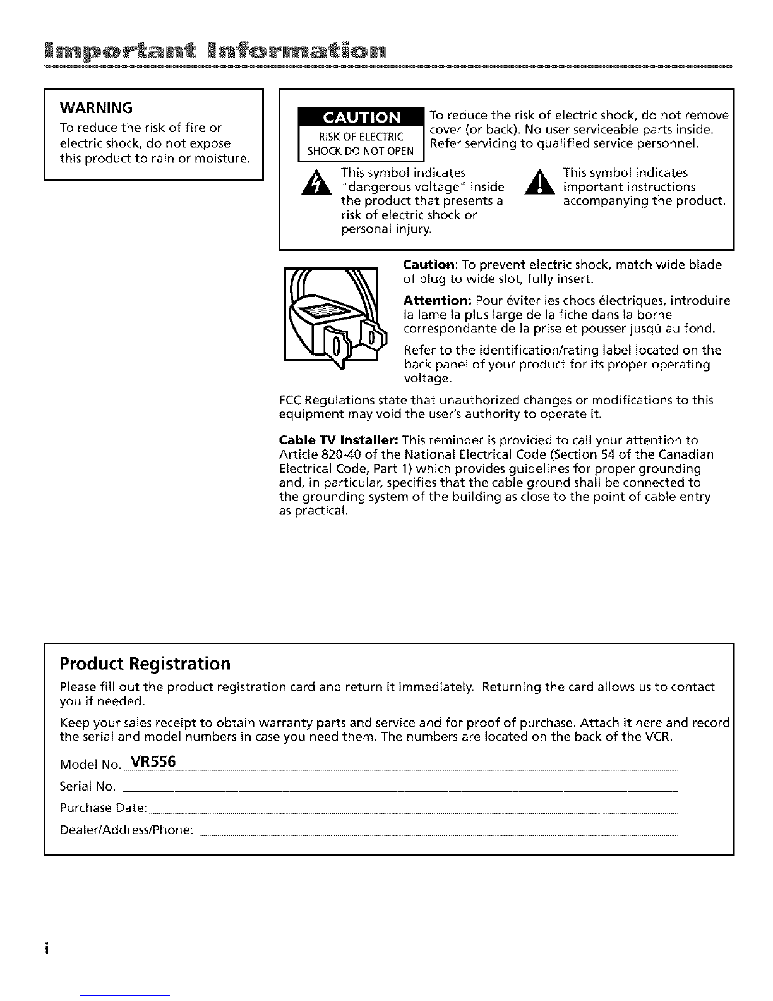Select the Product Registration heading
(x=145, y=664)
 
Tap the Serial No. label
(x=87, y=787)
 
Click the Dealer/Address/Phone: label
(x=126, y=830)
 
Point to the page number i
(x=47, y=950)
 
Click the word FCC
(x=290, y=401)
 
